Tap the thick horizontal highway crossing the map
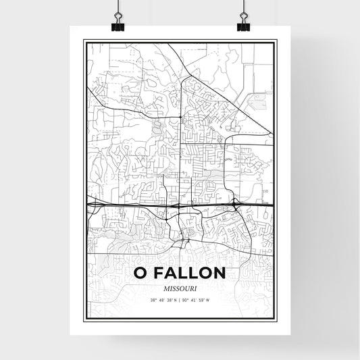pyautogui.click(x=135, y=202)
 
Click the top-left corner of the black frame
pyautogui.click(x=84, y=41)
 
